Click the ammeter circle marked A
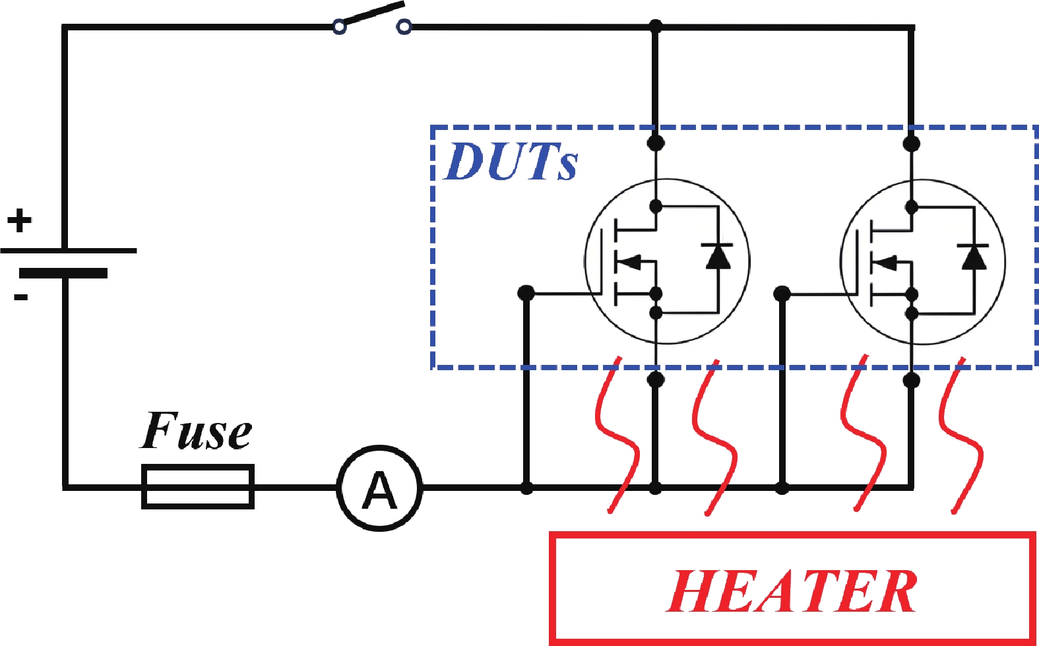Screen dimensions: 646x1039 click(379, 488)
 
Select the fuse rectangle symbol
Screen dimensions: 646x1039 click(198, 487)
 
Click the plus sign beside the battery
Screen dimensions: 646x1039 click(20, 220)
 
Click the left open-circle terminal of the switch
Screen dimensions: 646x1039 click(339, 27)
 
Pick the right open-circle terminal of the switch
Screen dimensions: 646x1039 click(404, 27)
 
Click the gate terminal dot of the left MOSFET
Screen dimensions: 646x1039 click(526, 292)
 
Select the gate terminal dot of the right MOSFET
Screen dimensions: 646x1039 click(782, 292)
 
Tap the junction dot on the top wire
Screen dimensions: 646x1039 click(655, 26)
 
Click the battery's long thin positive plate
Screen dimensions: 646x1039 click(69, 251)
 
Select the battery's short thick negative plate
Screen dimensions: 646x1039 click(63, 273)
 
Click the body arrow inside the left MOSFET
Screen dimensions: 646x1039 click(630, 262)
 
